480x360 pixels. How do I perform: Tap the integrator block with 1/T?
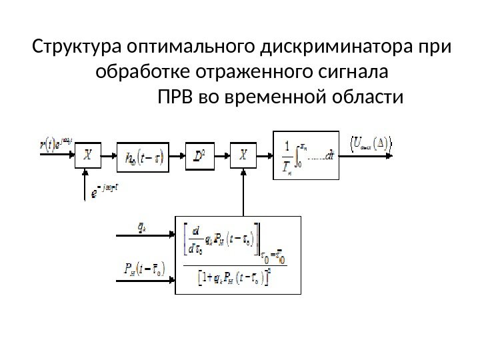tap(307, 155)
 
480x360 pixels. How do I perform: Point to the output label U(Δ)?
tap(371, 142)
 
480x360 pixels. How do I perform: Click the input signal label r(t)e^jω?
tap(55, 143)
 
